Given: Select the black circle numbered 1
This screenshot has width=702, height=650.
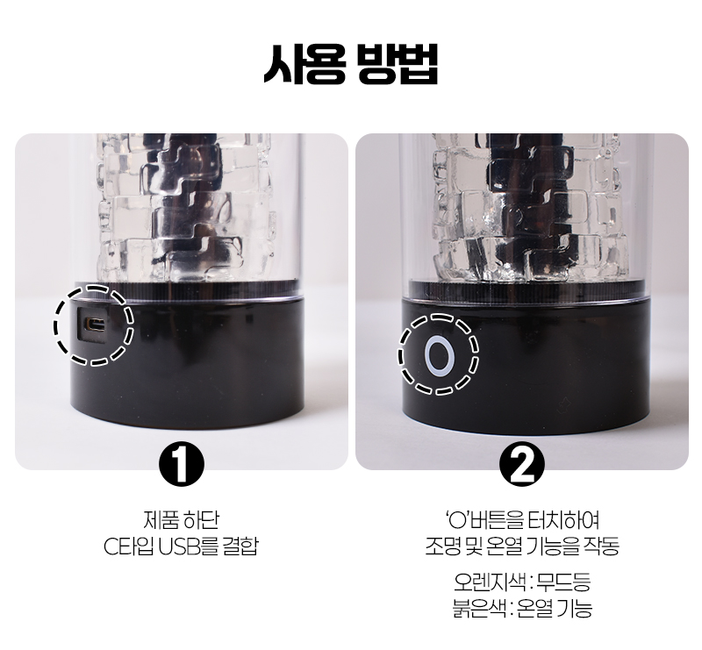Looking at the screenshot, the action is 182,464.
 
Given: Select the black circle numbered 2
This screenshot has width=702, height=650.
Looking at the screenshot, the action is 521,464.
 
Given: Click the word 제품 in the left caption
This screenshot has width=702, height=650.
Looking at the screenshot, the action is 161,520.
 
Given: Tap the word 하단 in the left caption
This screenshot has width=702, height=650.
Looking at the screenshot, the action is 201,520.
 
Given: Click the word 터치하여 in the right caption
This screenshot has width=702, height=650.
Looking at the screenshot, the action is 563,520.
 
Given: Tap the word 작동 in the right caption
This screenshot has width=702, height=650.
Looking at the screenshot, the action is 601,546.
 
